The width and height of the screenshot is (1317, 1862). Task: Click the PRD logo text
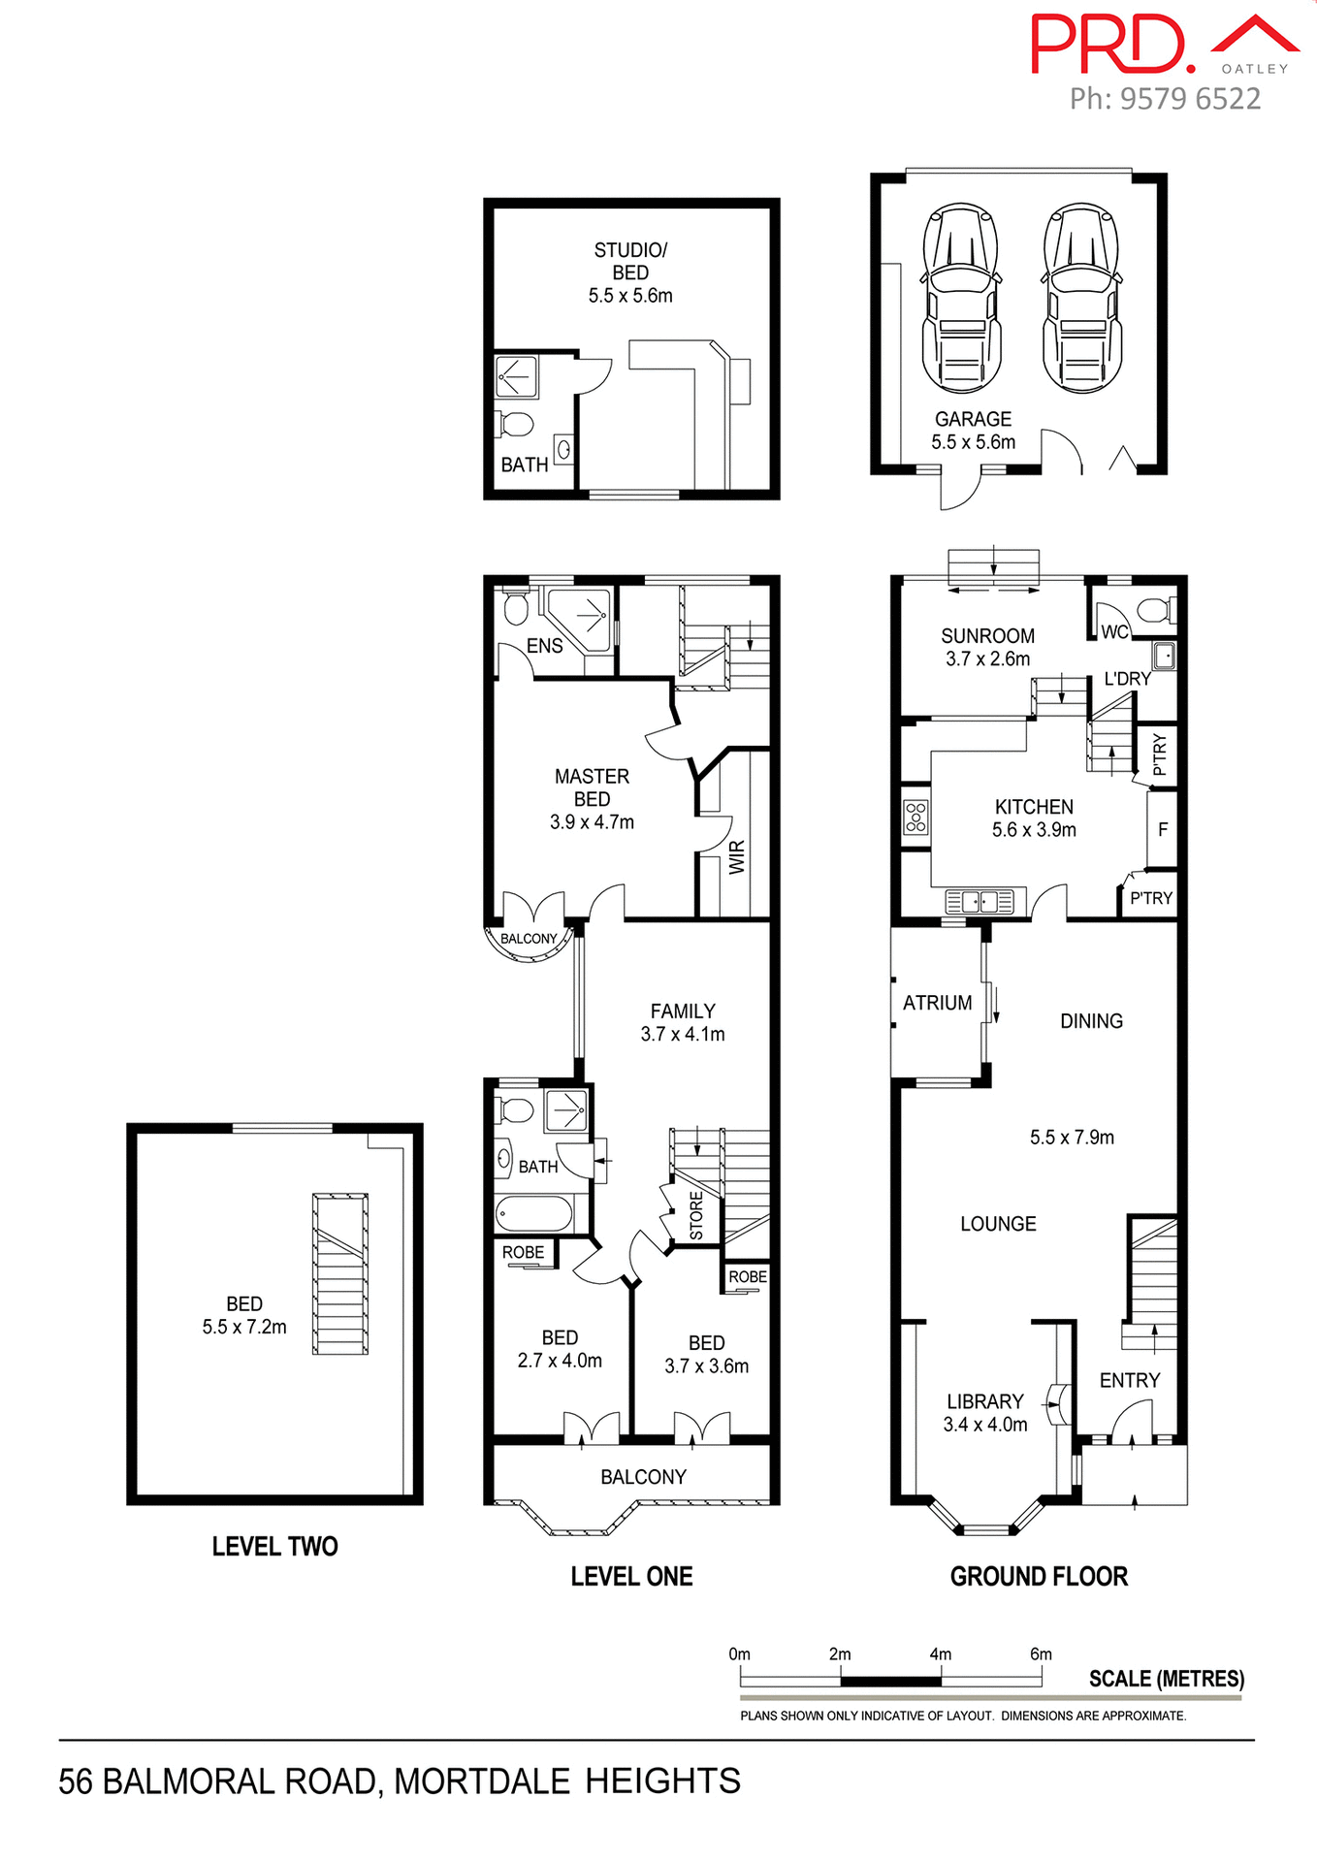point(1110,45)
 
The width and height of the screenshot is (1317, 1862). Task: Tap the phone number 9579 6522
point(1190,99)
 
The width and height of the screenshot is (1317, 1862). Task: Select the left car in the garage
point(961,297)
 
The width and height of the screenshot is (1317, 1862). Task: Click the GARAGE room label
point(973,419)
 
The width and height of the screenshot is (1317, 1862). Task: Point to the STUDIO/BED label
point(630,261)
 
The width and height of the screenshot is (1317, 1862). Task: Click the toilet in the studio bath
point(515,425)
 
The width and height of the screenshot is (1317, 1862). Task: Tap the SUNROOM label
point(987,636)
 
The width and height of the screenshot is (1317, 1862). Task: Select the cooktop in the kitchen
point(915,817)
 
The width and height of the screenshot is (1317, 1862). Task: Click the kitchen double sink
point(980,902)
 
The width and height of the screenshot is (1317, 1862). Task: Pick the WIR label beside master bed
point(738,857)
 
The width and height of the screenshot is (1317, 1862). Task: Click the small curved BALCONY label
point(529,939)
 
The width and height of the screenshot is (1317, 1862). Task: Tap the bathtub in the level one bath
point(533,1213)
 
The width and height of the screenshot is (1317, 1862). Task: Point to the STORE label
point(696,1215)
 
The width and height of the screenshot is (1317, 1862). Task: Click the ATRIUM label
point(937,1003)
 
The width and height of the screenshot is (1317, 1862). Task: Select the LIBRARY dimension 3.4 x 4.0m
point(985,1425)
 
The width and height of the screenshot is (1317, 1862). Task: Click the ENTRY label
point(1129,1380)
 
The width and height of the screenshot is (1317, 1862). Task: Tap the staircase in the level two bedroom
point(340,1273)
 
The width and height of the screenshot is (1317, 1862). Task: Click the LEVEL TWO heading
point(274,1546)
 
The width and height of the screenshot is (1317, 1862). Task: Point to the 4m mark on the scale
point(940,1654)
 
